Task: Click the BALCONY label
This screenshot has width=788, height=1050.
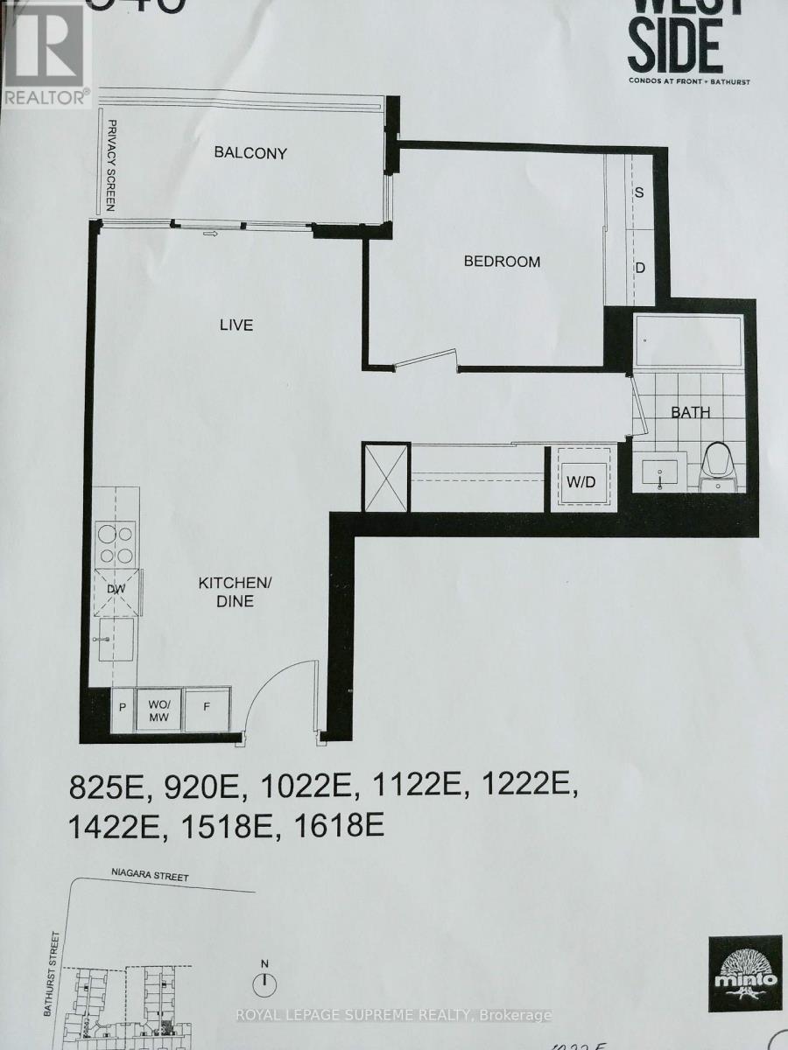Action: click(x=250, y=153)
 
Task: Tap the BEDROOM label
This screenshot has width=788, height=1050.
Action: click(x=502, y=261)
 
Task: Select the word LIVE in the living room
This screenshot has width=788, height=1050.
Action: click(x=236, y=325)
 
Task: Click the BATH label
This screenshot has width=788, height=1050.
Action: click(x=692, y=412)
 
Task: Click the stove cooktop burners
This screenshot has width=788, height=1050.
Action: click(x=116, y=542)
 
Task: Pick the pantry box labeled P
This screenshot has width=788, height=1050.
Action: click(x=121, y=706)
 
